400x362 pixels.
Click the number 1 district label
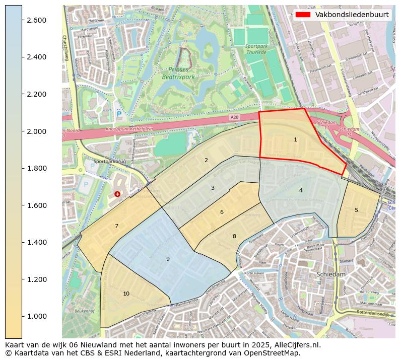(295, 139)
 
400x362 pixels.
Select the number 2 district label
(206, 160)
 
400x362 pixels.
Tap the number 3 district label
(213, 188)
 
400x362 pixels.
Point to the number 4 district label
(301, 190)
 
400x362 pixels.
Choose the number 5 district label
(356, 210)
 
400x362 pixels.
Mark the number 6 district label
(222, 212)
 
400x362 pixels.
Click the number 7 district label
(116, 226)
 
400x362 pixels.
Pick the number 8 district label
(234, 236)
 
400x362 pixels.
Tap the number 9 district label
(168, 259)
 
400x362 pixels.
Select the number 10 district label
(126, 294)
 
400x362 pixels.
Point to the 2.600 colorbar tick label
(36, 20)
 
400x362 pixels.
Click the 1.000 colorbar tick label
(36, 316)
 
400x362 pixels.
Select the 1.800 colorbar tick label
(36, 168)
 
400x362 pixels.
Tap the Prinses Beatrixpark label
(182, 74)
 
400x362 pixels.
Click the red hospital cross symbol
(117, 194)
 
